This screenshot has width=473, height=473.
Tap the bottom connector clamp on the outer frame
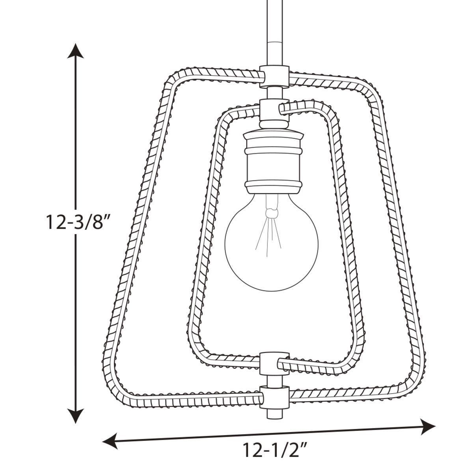(272, 395)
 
